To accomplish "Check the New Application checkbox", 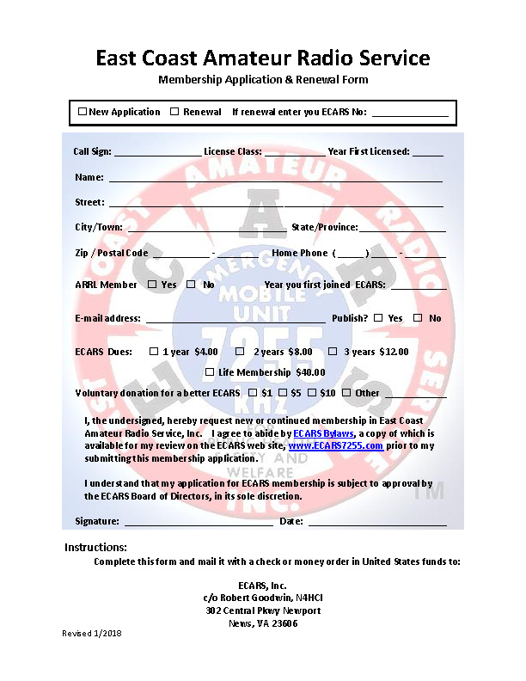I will coord(83,112).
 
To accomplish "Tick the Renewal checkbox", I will coord(174,112).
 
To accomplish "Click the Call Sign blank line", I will coord(156,153).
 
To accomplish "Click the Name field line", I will coord(275,180).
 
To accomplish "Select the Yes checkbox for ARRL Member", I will coord(152,285).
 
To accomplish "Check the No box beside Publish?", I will coord(418,318).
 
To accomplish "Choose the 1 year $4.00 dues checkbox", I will coord(154,352).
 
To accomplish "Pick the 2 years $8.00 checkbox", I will coord(240,352).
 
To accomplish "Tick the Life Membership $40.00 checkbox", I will coord(210,372).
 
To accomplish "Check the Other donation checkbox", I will coord(346,393).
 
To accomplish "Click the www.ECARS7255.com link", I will coord(335,446).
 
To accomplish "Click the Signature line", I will coord(199,522).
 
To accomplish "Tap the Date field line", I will coord(377,522).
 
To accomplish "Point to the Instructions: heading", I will coord(95,548).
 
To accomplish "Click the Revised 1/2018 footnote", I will coord(92,634).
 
